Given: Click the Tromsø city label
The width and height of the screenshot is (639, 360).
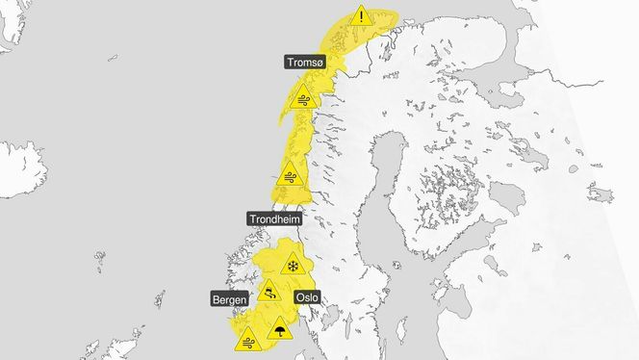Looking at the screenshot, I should click(x=305, y=62).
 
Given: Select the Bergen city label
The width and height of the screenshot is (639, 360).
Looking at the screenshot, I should click(x=228, y=299).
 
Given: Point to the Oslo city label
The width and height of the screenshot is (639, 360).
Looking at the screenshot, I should click(x=306, y=297).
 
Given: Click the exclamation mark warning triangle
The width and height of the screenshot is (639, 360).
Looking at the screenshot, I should click(x=361, y=16).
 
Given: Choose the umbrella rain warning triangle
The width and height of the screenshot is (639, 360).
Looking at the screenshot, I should click(x=279, y=329).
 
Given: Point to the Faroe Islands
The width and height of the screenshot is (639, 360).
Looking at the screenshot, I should click(x=100, y=257).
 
